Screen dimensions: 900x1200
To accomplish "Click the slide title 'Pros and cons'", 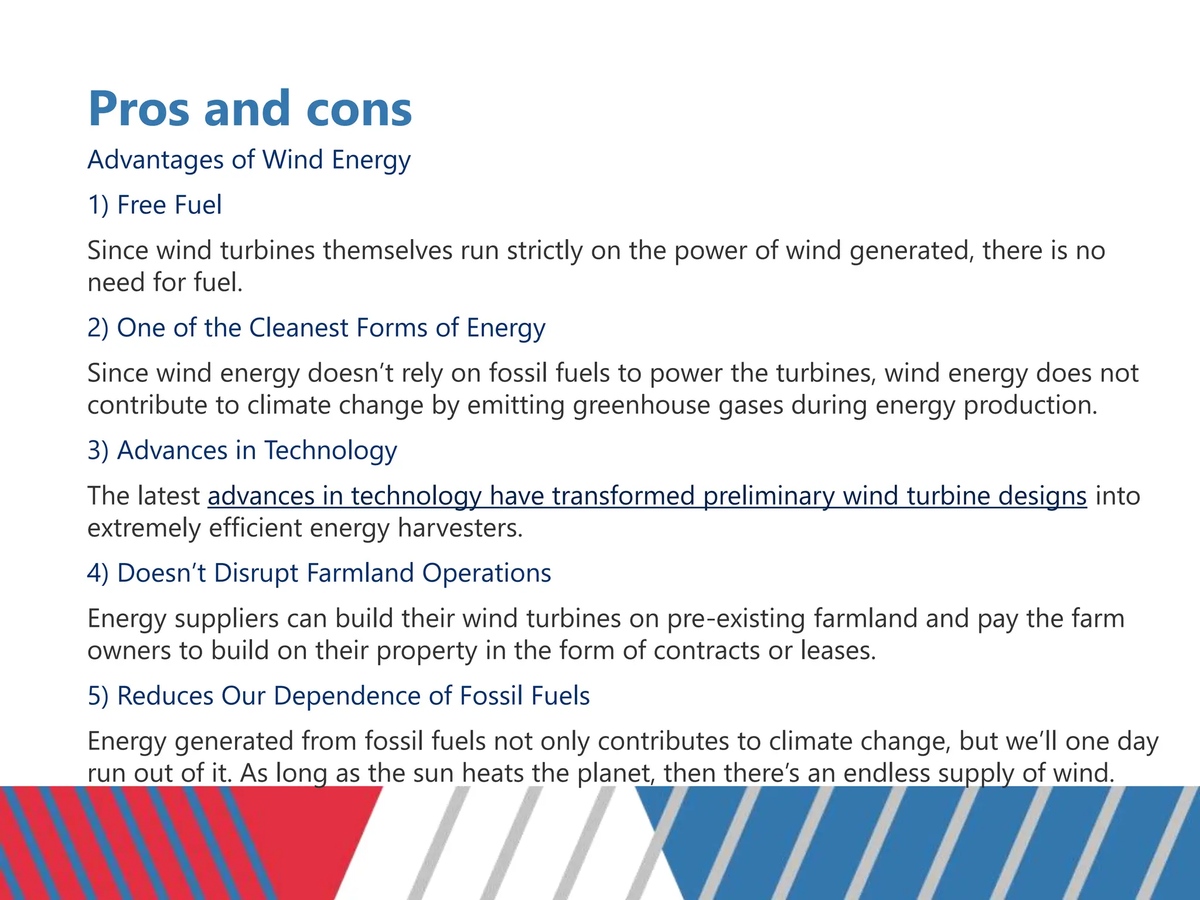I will click(x=250, y=109).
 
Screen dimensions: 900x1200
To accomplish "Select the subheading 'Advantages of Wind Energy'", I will click(x=249, y=160).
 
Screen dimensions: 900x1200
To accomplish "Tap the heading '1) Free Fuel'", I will click(x=155, y=205).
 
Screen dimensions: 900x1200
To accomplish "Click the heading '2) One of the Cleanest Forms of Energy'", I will click(x=316, y=328).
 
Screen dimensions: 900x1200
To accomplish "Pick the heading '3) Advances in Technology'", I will click(x=242, y=451).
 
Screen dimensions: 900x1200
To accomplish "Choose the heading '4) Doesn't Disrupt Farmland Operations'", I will click(x=319, y=573).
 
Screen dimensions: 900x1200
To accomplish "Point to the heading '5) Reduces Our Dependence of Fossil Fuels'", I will click(x=339, y=696).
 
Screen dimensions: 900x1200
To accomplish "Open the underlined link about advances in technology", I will click(x=647, y=496).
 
